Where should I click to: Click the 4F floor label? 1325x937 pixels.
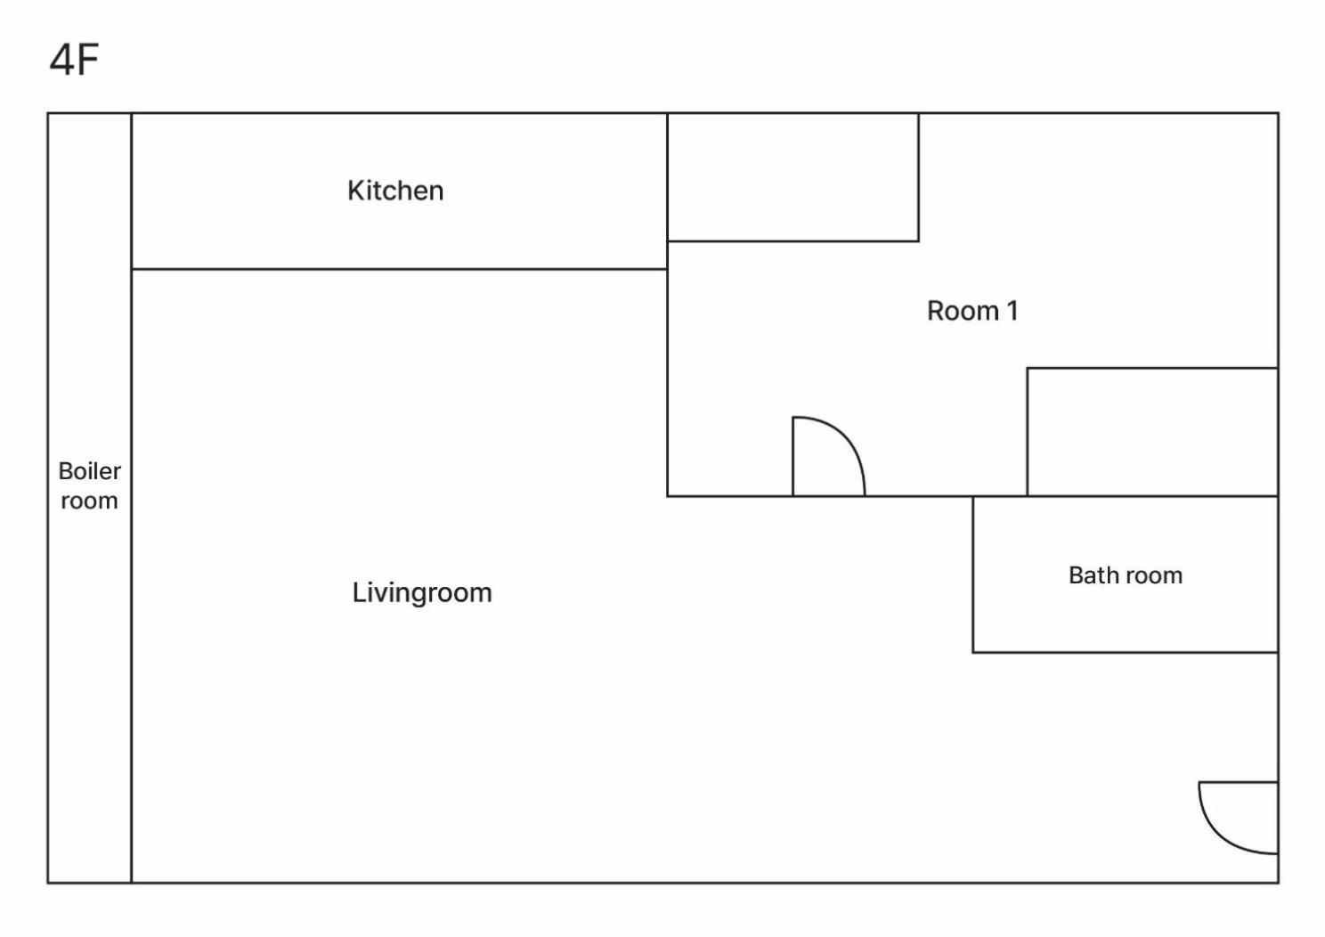[x=74, y=60]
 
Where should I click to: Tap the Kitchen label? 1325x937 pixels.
[x=395, y=191]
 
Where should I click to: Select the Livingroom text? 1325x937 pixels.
[x=422, y=593]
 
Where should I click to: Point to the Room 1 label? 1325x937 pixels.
[x=971, y=311]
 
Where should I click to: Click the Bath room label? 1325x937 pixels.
[x=1125, y=575]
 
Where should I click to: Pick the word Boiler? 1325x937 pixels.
[x=89, y=471]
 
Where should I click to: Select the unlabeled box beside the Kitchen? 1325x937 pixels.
[x=793, y=177]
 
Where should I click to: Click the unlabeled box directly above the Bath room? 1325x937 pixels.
[x=1152, y=432]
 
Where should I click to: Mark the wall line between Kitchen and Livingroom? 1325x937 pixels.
[x=399, y=269]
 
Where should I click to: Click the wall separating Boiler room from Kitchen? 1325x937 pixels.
[x=131, y=191]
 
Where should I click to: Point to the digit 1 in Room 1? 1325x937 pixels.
[x=1012, y=311]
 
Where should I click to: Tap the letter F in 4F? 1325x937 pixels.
[x=88, y=60]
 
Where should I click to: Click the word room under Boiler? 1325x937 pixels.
[x=89, y=501]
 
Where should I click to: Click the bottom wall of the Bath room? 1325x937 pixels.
[x=1125, y=653]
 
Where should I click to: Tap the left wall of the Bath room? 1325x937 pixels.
[x=973, y=574]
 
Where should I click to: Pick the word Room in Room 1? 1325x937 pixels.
[x=963, y=311]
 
